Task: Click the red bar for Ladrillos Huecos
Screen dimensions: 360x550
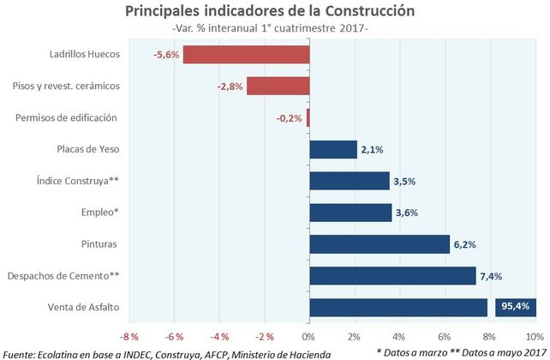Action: tap(246, 55)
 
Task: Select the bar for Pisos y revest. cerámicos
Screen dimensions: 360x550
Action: tap(278, 86)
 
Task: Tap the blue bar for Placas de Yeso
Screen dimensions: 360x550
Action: tap(332, 149)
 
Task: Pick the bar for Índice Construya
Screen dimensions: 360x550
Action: tap(349, 181)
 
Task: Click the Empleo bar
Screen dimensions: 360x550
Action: tap(350, 213)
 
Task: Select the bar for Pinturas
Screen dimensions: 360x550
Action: tap(379, 244)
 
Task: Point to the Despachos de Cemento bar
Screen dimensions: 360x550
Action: tap(392, 275)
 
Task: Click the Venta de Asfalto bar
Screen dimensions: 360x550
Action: tap(398, 307)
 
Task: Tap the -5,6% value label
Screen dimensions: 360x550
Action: tap(166, 55)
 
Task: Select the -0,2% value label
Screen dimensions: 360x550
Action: tap(289, 118)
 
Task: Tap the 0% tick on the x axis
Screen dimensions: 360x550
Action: tap(308, 335)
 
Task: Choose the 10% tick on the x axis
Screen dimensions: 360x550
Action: tap(535, 335)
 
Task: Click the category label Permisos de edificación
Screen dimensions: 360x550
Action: tap(65, 117)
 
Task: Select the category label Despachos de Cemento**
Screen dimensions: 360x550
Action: tap(63, 275)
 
